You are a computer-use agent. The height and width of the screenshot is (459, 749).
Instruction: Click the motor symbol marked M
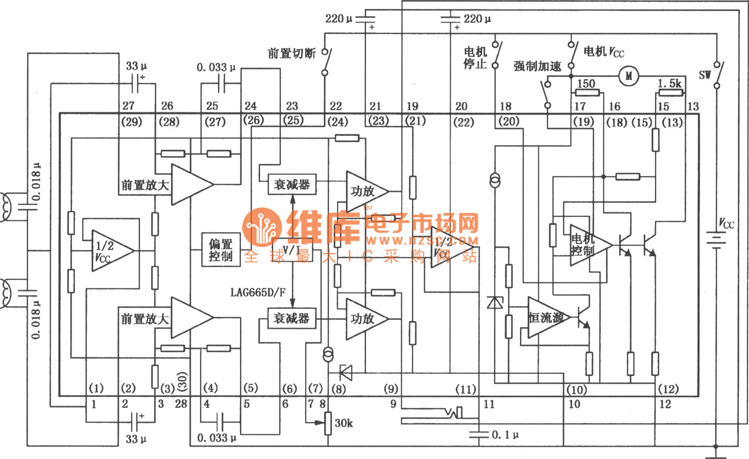(x=629, y=76)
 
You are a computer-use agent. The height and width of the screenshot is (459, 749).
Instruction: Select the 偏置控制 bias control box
(x=220, y=250)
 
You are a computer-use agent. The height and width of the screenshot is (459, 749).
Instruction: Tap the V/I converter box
(x=292, y=250)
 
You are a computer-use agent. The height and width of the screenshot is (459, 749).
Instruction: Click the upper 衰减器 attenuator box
(x=292, y=185)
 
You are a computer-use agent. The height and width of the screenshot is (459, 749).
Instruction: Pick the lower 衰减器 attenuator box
(x=291, y=319)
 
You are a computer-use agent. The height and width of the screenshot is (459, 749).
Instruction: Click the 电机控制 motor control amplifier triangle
(x=587, y=245)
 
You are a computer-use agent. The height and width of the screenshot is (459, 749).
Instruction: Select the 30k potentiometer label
(x=344, y=423)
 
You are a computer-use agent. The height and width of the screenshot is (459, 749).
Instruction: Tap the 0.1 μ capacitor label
(x=505, y=435)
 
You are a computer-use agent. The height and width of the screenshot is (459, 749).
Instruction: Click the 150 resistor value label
(x=586, y=83)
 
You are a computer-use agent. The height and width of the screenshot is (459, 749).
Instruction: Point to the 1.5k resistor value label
(x=669, y=83)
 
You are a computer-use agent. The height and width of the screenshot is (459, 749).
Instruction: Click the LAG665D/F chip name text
(x=258, y=292)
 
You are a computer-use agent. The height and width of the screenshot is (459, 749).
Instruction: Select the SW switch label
(x=705, y=75)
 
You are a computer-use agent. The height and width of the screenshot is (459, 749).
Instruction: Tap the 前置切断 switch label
(x=291, y=53)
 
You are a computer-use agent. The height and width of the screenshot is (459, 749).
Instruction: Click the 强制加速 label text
(x=537, y=66)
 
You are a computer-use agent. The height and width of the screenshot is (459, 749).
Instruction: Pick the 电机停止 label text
(x=475, y=58)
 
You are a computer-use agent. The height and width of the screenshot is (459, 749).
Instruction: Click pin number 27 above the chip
(x=128, y=106)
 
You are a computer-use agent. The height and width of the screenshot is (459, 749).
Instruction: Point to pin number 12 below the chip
(x=665, y=404)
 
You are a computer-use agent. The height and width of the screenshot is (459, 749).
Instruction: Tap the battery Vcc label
(x=726, y=224)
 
